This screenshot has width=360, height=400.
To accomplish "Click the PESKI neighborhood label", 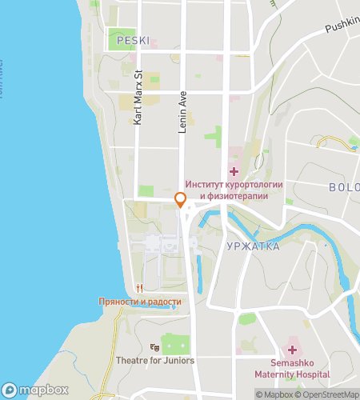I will coord(133,39).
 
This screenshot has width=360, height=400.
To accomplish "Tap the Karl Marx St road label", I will coord(138,98).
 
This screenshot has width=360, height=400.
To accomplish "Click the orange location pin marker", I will coord(181,200).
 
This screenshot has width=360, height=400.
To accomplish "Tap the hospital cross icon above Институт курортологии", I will coord(234,170).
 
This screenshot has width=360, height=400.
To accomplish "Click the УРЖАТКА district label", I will coord(253,246).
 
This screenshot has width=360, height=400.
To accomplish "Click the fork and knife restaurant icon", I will coord(139,288).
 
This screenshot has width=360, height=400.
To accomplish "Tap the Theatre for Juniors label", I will coord(155,360).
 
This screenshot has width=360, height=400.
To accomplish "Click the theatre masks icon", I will coord(154,346).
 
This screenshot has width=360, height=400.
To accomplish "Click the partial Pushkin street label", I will coord(342,27).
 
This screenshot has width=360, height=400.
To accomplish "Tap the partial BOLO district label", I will coord(344,187).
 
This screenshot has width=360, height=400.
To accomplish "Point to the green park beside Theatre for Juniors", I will coord(176,345).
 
